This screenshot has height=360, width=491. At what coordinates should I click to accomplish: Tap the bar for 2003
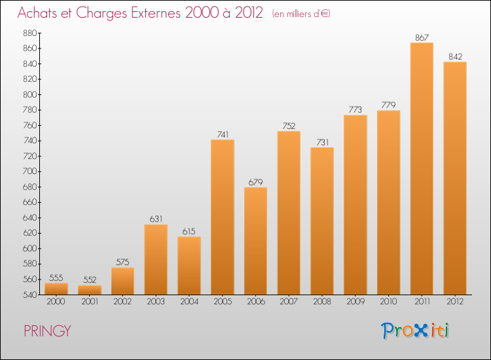[x=156, y=259]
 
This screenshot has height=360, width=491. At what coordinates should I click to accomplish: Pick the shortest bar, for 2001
[x=90, y=289]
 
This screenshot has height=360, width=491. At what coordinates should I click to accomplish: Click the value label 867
[x=422, y=37]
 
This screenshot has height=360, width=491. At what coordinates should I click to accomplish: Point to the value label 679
[x=255, y=182]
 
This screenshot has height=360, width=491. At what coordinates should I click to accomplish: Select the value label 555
[x=56, y=278]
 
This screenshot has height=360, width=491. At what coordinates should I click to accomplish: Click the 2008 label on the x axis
[x=322, y=302]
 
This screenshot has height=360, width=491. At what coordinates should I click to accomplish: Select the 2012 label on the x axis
[x=455, y=302]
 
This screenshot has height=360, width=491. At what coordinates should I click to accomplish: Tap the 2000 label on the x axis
[x=56, y=302]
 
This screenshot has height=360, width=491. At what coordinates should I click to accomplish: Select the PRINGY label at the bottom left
[x=46, y=331]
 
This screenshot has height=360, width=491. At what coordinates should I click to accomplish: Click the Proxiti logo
[x=415, y=331]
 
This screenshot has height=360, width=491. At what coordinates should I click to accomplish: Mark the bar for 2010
[x=388, y=202]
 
